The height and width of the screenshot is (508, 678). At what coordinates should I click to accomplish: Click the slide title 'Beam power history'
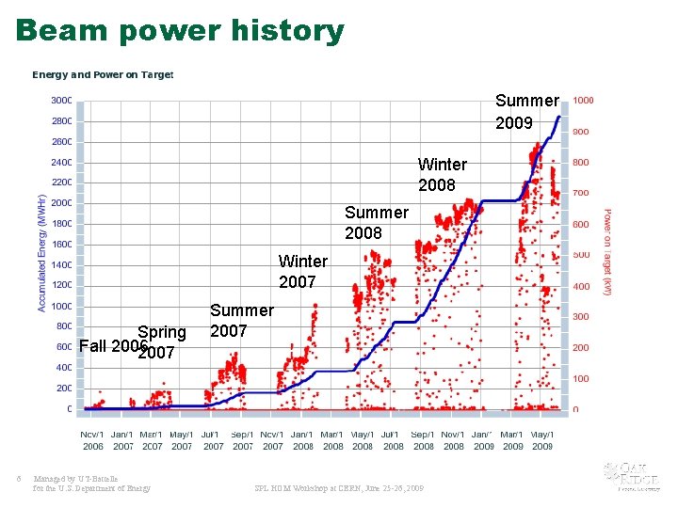(x=180, y=30)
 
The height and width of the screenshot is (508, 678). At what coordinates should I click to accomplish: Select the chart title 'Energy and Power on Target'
(x=103, y=74)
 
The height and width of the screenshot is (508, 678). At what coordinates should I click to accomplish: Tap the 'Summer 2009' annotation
(x=526, y=112)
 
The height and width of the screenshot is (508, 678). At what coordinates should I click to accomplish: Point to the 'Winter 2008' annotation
(x=442, y=175)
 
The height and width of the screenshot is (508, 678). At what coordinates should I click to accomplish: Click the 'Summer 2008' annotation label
(x=376, y=223)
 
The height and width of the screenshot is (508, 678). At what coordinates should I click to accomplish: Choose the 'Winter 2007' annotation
(x=302, y=271)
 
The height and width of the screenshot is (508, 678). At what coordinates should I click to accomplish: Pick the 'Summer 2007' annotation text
(x=241, y=320)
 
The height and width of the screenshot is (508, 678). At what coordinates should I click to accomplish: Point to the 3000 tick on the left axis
(x=61, y=101)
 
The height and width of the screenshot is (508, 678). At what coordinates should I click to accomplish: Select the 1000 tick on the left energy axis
(x=61, y=306)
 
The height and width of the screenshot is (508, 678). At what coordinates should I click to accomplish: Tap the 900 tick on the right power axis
(x=582, y=132)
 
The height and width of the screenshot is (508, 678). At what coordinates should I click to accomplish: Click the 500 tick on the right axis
(x=582, y=255)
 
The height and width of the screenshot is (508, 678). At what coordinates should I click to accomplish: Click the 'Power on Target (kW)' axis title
(x=607, y=252)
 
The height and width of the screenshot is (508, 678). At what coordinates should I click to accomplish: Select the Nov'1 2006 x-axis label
(x=93, y=440)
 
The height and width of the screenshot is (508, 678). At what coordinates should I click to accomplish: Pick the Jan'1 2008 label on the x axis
(x=302, y=440)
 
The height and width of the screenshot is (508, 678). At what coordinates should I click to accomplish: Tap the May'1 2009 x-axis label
(x=541, y=440)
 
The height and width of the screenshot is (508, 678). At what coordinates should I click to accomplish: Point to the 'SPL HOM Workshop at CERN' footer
(x=339, y=488)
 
